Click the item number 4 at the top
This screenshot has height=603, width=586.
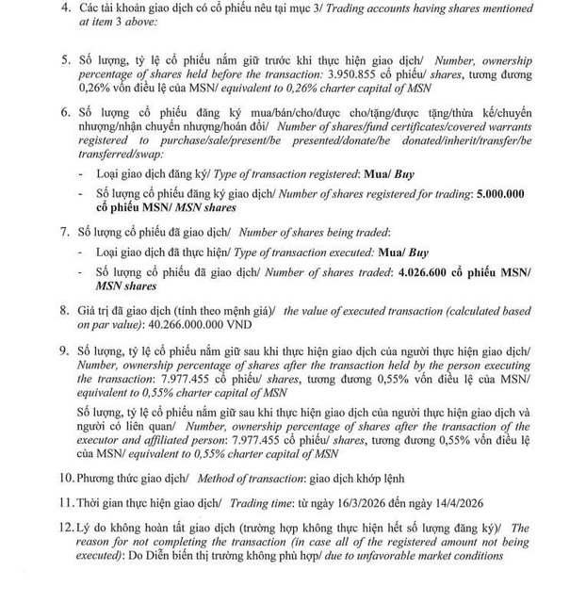[x=65, y=8]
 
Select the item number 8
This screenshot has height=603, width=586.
[x=65, y=309]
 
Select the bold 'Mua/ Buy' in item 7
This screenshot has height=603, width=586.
[x=402, y=253]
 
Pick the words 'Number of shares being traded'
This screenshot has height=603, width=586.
[x=314, y=232]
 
